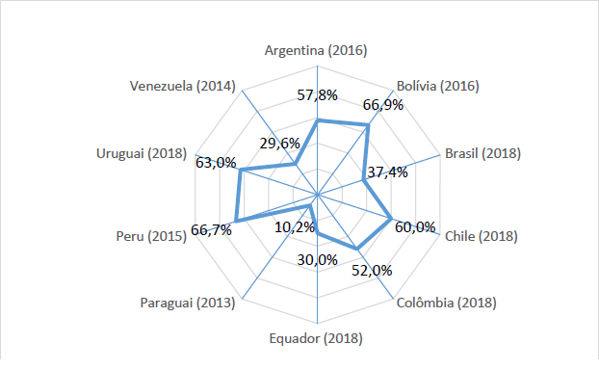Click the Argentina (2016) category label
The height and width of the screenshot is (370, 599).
click(x=318, y=50)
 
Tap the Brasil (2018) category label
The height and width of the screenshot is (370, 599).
click(x=482, y=153)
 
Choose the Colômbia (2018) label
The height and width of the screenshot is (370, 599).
click(x=446, y=303)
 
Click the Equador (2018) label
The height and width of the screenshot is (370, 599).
click(x=317, y=338)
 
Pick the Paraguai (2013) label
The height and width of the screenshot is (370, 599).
click(x=187, y=304)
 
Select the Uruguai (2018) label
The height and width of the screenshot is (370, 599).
click(x=142, y=153)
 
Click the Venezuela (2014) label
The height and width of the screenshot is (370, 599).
click(x=183, y=86)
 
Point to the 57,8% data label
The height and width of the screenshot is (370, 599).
click(x=318, y=94)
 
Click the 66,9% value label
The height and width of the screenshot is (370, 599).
click(x=383, y=105)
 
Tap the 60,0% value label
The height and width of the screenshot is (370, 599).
click(x=415, y=227)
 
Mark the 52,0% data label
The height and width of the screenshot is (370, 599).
click(x=373, y=271)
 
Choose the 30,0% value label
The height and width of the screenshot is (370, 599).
click(x=318, y=259)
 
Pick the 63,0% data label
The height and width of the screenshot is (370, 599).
click(x=215, y=163)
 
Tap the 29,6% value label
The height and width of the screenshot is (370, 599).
click(x=280, y=144)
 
